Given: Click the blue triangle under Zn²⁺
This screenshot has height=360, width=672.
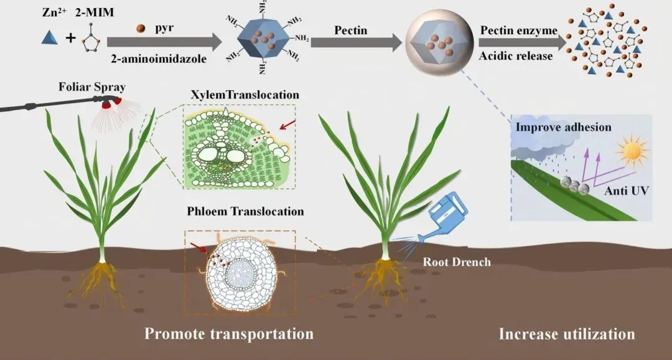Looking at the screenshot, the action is pyautogui.click(x=50, y=38).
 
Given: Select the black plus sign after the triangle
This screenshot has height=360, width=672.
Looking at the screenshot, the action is pyautogui.click(x=71, y=39).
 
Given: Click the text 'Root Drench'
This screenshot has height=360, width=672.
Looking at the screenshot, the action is pyautogui.click(x=457, y=262).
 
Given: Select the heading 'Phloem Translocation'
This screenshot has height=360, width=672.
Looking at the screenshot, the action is pyautogui.click(x=245, y=211).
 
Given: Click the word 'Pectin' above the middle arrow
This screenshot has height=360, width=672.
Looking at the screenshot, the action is pyautogui.click(x=351, y=30).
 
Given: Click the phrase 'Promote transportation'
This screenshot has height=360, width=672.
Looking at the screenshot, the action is pyautogui.click(x=229, y=334).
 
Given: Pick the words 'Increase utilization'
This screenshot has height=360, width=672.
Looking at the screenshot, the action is pyautogui.click(x=567, y=335).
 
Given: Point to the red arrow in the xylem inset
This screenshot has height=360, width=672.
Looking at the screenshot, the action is pyautogui.click(x=287, y=127).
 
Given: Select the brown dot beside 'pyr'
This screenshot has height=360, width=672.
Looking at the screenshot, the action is pyautogui.click(x=141, y=28).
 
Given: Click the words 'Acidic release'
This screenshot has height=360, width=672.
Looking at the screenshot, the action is pyautogui.click(x=516, y=56).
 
